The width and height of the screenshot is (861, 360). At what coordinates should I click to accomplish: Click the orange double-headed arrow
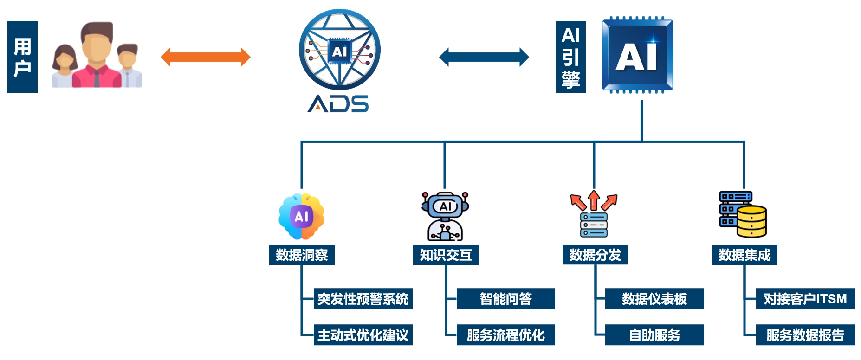(205, 57)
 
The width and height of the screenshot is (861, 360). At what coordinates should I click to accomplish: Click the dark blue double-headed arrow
(484, 57)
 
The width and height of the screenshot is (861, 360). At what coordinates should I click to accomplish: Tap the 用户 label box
(22, 57)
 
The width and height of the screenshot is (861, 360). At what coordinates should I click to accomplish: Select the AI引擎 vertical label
(570, 57)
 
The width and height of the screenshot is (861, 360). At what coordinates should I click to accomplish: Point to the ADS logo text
(338, 103)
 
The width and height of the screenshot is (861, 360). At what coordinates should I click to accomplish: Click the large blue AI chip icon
(637, 55)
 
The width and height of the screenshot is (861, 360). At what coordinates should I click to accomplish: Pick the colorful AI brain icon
(301, 216)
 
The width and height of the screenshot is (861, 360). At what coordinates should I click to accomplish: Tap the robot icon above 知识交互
(445, 216)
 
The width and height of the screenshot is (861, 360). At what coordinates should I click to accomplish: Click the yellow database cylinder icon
(751, 221)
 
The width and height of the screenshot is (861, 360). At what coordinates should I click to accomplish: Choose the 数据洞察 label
(302, 255)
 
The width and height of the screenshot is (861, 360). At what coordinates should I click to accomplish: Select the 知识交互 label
(446, 255)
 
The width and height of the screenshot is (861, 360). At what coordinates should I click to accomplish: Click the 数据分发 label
(595, 255)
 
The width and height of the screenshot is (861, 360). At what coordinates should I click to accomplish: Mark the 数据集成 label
(744, 255)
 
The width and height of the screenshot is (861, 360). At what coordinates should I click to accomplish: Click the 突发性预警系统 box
(363, 299)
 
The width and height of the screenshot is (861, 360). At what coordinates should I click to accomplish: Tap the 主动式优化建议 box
(363, 335)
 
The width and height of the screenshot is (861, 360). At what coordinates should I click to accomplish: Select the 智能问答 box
(505, 299)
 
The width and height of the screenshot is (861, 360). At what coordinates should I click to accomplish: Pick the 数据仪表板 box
(654, 299)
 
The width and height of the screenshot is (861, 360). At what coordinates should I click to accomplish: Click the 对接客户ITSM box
(805, 299)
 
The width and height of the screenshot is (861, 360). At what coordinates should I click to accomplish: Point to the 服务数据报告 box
(805, 335)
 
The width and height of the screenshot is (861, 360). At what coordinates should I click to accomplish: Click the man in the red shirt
(97, 58)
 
